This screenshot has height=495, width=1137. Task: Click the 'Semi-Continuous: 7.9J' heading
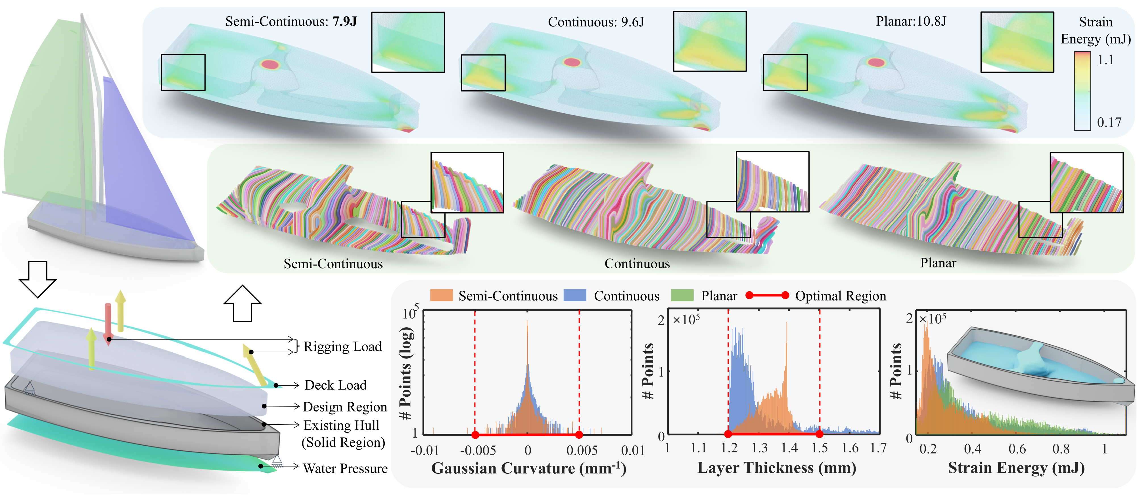point(291,21)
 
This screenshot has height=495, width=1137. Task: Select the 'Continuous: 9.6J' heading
point(596,22)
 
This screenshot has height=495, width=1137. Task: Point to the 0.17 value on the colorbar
point(1109,122)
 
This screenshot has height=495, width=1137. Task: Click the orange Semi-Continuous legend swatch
point(441,296)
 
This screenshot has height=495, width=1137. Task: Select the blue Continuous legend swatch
point(575,296)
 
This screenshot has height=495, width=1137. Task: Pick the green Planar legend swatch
point(682,296)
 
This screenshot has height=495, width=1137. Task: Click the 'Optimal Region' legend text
point(840,296)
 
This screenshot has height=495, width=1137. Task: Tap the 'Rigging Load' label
point(342,347)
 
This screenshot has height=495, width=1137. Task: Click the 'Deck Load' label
point(335,385)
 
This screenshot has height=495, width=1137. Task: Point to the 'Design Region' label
point(345,407)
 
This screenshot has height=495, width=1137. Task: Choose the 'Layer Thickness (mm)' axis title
point(776,468)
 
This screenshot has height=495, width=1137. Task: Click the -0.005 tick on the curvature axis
point(478,450)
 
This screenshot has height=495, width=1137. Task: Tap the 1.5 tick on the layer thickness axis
point(819,448)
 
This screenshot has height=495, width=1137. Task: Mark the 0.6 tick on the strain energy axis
point(1017,449)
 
